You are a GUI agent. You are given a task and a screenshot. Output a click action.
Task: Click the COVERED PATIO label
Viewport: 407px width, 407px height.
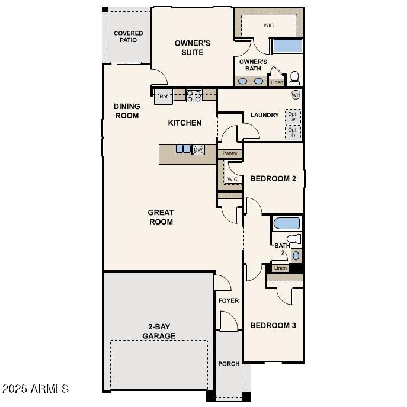click(129, 37)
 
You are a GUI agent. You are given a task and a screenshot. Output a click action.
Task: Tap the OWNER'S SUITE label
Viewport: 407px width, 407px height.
click(193, 47)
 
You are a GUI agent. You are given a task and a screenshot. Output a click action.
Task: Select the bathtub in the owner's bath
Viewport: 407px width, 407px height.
click(287, 46)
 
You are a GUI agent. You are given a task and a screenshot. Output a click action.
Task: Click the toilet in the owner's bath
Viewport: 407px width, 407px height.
click(294, 78)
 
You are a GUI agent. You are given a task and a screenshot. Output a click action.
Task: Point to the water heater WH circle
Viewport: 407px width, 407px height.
click(296, 95)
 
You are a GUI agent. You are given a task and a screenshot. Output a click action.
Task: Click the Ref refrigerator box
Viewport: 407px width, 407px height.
click(164, 97)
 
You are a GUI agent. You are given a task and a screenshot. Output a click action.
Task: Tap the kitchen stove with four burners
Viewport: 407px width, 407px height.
click(194, 95)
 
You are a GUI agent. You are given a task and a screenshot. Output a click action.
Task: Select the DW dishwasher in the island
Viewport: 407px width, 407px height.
click(198, 149)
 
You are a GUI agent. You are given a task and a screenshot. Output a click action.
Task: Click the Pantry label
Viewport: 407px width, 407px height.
click(230, 153)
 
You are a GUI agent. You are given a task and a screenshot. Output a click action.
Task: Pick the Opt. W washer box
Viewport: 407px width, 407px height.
click(293, 116)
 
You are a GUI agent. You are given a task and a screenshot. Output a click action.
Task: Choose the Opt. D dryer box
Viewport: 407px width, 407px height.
click(293, 133)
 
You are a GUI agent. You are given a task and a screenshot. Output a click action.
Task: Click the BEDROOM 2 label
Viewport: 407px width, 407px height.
click(273, 178)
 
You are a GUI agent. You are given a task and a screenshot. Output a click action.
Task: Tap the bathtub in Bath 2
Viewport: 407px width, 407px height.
click(287, 223)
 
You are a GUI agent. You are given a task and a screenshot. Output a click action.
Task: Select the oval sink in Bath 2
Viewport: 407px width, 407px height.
click(296, 255)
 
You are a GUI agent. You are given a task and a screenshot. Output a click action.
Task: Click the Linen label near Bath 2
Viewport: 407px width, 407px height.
click(280, 268)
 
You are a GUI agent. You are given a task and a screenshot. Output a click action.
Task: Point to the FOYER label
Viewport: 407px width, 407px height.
click(229, 300)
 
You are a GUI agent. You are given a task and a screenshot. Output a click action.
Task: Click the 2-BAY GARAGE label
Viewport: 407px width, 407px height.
click(158, 331)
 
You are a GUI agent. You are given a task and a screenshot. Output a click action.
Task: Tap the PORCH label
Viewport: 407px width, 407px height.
click(229, 364)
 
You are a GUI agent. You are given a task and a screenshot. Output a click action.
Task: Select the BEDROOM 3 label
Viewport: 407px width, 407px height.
click(273, 325)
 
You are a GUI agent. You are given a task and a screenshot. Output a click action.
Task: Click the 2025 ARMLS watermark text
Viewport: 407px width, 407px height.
click(36, 389)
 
